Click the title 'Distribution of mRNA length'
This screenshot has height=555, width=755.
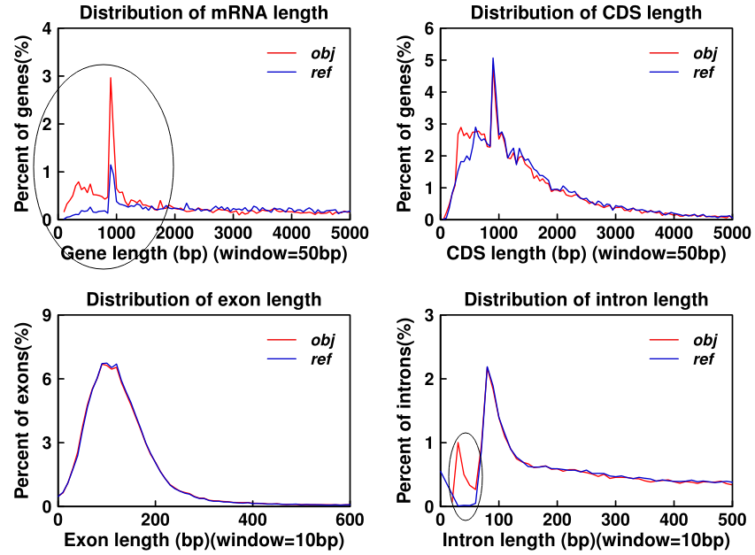[x=204, y=12]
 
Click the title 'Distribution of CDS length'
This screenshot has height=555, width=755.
[x=586, y=12]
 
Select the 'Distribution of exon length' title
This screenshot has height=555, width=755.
[x=204, y=299]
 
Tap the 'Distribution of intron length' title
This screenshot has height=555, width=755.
[x=586, y=299]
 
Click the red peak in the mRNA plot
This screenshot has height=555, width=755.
[x=110, y=79]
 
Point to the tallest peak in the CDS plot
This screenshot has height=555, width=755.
[x=493, y=59]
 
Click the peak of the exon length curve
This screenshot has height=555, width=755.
[x=104, y=363]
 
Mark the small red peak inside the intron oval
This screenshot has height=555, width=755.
[x=458, y=443]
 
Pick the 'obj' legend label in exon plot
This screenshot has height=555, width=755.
[x=320, y=339]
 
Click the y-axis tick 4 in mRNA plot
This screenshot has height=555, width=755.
[x=47, y=28]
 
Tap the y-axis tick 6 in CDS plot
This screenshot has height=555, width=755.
[x=430, y=28]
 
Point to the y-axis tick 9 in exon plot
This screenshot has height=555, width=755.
[x=47, y=315]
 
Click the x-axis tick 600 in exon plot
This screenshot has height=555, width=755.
[x=350, y=519]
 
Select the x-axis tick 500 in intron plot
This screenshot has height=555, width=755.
[x=732, y=519]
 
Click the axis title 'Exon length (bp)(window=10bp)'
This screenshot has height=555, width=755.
[x=204, y=540]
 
